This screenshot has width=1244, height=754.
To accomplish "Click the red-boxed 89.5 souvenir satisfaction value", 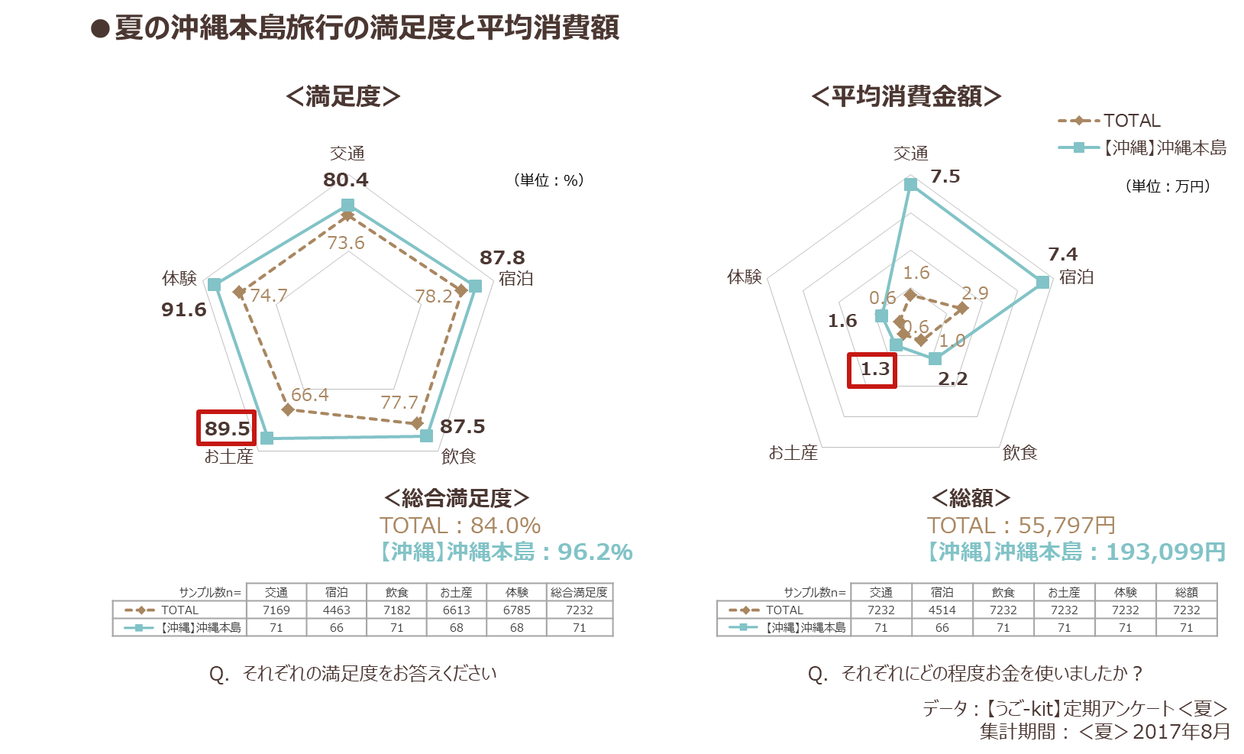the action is click(227, 429).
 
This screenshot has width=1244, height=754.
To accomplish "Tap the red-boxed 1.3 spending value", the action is click(874, 369).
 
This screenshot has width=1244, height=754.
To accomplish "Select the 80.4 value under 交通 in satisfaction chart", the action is click(345, 180).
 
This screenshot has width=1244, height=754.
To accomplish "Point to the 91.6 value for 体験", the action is click(184, 309).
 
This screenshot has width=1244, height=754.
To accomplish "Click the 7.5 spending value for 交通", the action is click(945, 176).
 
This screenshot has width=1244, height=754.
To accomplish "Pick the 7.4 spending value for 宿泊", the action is click(1062, 254).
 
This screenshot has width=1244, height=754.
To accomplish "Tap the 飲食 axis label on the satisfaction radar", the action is click(458, 456).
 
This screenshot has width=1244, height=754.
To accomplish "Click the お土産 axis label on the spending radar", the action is click(793, 453).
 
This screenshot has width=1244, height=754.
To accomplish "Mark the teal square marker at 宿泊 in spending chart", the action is click(1043, 282).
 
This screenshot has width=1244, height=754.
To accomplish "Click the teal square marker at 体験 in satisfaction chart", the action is click(214, 285).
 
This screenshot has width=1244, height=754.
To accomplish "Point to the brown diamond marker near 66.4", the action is click(288, 410).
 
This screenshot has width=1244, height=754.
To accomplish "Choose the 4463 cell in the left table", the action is click(337, 610).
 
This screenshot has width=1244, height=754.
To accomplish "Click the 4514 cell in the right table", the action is click(942, 610).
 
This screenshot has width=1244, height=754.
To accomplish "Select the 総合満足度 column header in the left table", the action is click(580, 592).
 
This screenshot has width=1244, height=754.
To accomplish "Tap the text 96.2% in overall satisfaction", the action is click(595, 552).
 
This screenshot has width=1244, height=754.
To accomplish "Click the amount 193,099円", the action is click(1165, 552).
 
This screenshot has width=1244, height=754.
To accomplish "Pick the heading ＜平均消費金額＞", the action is click(906, 97).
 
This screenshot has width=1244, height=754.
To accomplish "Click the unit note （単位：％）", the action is click(548, 180).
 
